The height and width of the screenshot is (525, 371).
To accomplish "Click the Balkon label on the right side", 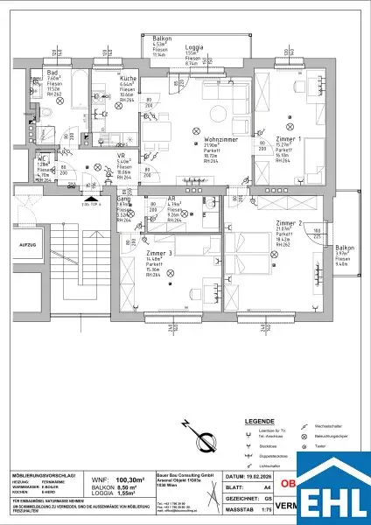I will tap(344, 248).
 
